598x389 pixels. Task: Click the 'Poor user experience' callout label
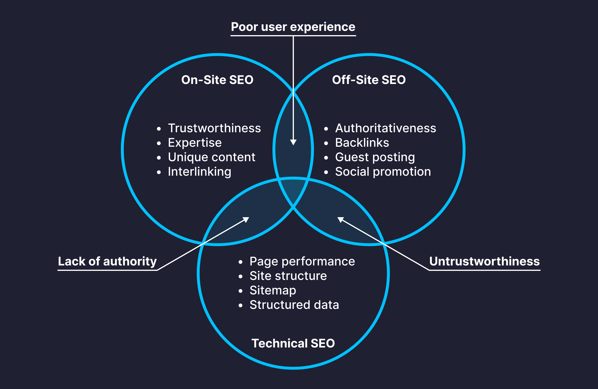point(293,27)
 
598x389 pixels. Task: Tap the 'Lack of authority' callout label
point(107,261)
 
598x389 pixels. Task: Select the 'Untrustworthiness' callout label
point(484,261)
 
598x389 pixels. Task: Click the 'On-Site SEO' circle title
point(217,80)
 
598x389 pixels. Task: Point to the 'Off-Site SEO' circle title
point(369,80)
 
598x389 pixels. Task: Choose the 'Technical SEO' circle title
point(293,343)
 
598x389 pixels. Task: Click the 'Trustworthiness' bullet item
point(214,128)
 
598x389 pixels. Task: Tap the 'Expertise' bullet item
point(195,143)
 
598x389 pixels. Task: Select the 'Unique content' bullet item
point(212,157)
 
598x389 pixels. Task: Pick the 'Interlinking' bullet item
point(199,172)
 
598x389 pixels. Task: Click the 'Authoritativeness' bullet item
point(385,128)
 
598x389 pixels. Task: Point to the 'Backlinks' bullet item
point(362,143)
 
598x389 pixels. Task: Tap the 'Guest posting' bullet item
point(375,157)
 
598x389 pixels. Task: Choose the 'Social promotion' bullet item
point(383,172)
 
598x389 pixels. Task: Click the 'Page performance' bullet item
point(302,262)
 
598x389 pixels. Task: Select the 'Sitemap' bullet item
point(273,291)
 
